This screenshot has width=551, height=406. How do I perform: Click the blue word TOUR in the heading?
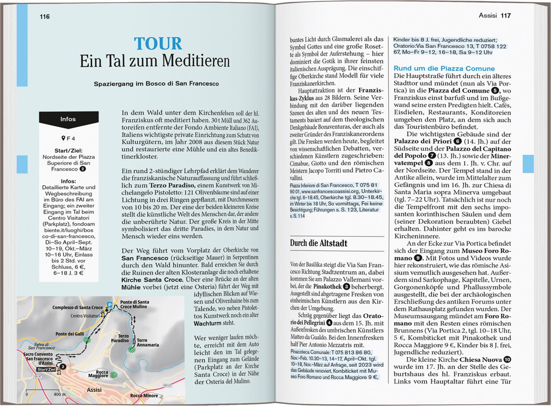pos(158,44)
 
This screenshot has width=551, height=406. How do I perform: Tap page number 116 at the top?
pos(44,17)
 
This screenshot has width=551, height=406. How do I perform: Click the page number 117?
pos(505,15)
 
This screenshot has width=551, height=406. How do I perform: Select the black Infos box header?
pos(68,119)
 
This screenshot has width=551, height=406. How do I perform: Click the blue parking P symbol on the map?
pos(109,305)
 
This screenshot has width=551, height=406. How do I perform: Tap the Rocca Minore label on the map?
pos(144,396)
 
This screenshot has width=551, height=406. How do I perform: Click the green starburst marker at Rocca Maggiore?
pos(114,374)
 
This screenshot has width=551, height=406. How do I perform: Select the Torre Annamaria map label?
pos(148,342)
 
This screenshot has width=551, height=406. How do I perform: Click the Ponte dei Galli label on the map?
pos(70,334)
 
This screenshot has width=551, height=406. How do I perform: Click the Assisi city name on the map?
pos(94,390)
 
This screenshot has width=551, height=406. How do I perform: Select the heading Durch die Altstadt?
pos(318,243)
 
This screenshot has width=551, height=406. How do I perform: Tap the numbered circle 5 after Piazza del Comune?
pos(495,90)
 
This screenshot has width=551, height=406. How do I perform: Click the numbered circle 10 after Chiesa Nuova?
pos(507,360)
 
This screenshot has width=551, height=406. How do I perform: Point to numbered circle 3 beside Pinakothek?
pos(346,287)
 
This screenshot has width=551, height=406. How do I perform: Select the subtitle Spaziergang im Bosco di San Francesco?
pos(156,84)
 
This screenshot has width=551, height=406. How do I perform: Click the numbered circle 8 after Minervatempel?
pos(428,163)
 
